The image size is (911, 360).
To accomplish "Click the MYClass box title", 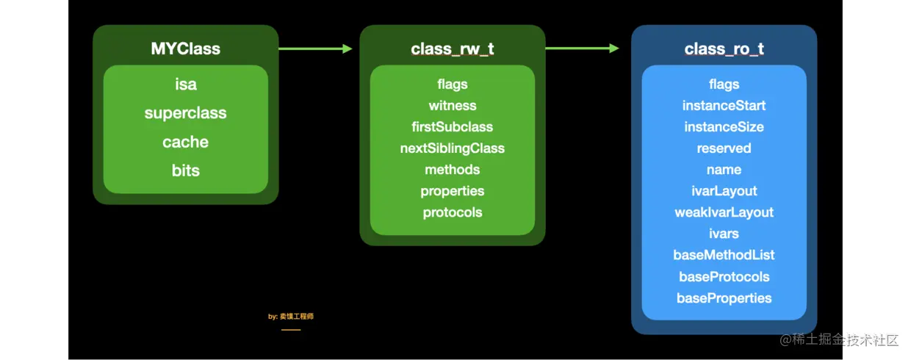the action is [185, 48].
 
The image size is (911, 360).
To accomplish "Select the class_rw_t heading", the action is [453, 48].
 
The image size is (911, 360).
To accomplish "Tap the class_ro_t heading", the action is [724, 48].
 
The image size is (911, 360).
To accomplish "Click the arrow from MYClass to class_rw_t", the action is [315, 48].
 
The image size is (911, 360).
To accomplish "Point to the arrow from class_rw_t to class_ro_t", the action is [582, 48].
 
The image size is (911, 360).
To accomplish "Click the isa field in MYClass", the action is [186, 84].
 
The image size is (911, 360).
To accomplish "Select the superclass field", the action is [185, 113].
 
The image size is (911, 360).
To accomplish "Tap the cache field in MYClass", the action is [185, 142].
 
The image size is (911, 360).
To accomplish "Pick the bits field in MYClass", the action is [185, 170].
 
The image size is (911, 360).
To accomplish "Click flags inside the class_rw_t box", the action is [453, 84].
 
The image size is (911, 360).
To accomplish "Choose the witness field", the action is [453, 106].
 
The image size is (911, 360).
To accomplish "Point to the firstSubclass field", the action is [453, 127].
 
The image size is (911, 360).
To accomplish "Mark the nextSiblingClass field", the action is [453, 148].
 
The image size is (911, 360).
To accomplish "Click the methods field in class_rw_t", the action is [453, 170].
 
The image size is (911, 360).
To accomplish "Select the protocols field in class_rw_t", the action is [453, 212].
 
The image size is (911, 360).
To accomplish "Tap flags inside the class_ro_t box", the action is [724, 84].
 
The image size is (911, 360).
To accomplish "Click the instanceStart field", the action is [724, 106].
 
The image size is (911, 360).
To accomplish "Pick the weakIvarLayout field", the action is [724, 212].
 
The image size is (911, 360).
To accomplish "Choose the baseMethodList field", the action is [724, 255].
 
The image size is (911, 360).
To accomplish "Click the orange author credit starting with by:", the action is [291, 317].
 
